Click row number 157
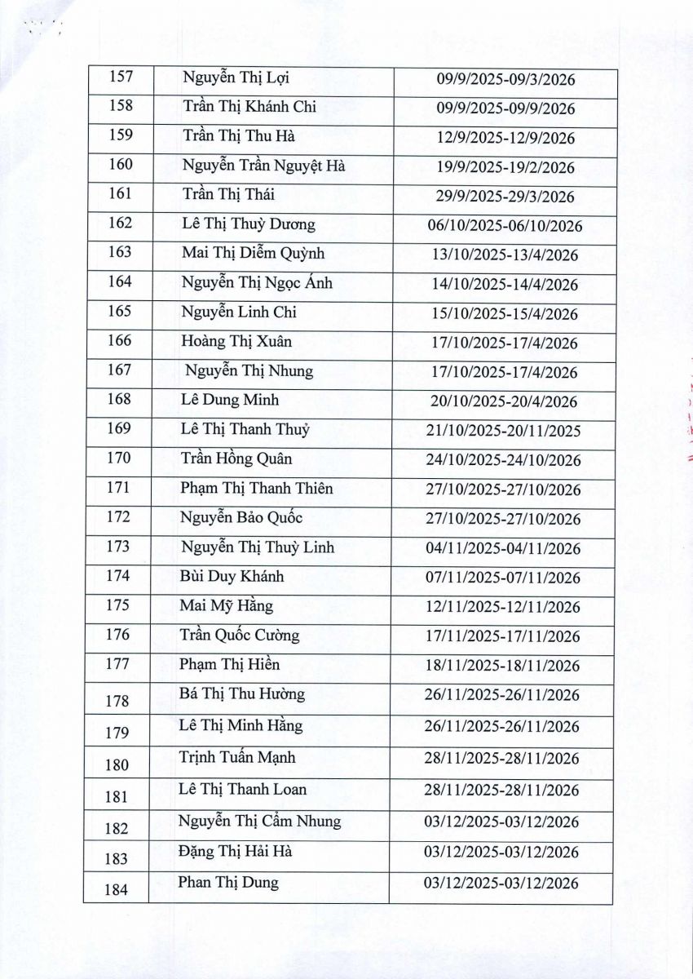(x=120, y=78)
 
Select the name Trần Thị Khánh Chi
(x=249, y=107)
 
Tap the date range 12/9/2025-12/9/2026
(x=505, y=138)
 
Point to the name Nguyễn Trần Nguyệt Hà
(x=263, y=166)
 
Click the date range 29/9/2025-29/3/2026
(x=505, y=197)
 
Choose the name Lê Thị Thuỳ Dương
(x=248, y=224)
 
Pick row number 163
(x=120, y=252)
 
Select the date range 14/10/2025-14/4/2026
(x=505, y=285)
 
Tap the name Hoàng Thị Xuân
(x=236, y=341)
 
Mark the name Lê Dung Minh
(x=230, y=400)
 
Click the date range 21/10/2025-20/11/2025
(x=503, y=431)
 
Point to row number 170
(x=119, y=458)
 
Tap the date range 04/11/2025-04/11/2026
(x=503, y=548)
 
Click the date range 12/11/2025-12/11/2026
(x=503, y=607)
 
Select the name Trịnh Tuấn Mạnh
(x=237, y=757)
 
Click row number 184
(x=117, y=890)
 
